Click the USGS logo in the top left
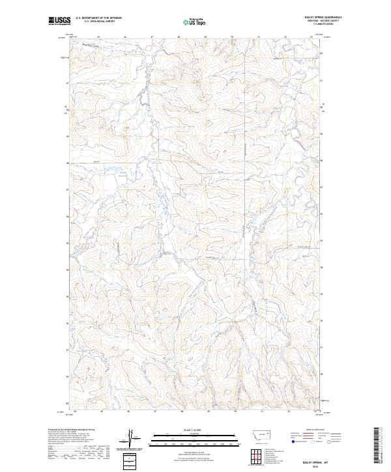coord(59,21)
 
